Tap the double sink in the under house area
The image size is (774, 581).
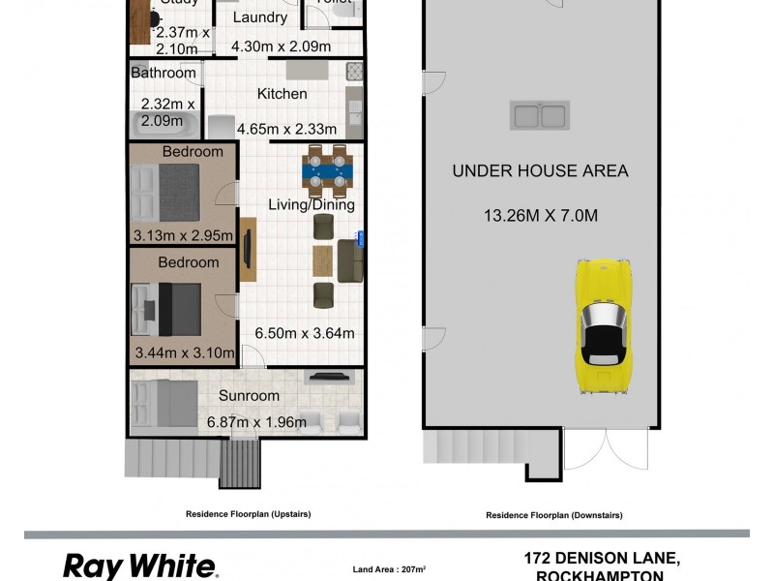[x=539, y=116]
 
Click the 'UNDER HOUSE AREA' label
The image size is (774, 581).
[x=540, y=171]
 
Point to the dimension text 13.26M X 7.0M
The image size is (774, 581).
[x=540, y=216]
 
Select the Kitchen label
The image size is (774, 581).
[x=282, y=94]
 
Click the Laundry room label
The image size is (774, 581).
[x=260, y=17]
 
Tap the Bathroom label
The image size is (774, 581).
[x=164, y=73]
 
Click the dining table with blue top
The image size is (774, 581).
[x=326, y=172]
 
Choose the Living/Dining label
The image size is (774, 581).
[x=312, y=204]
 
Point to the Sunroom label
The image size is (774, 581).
[x=249, y=395]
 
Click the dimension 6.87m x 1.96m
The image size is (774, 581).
[x=255, y=421]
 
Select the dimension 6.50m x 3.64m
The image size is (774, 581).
[x=304, y=333]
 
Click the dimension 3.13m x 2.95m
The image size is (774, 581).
[x=183, y=234]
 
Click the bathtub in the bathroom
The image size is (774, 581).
[x=164, y=125]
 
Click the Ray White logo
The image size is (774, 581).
[x=139, y=566]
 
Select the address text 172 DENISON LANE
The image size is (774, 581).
[x=602, y=558]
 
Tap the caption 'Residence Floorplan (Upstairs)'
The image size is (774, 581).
[x=249, y=514]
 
